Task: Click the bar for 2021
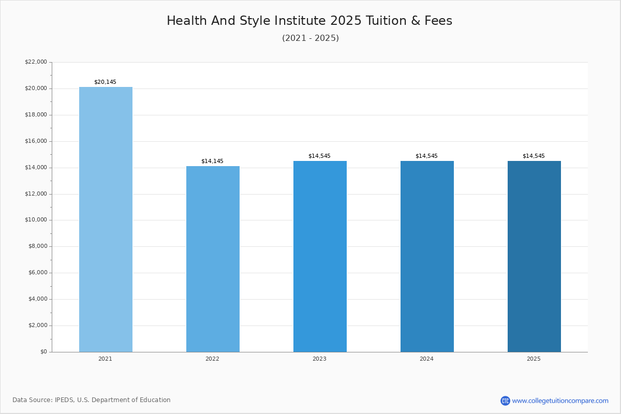point(106,219)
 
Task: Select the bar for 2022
point(213,259)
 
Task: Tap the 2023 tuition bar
point(320,256)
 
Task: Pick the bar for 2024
point(427,256)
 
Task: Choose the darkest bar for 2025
point(534,256)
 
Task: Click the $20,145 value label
point(105,82)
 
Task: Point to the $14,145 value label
point(212,161)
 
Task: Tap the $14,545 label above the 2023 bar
point(319,156)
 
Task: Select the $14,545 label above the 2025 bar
point(534,156)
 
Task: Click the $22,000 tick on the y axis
point(36,62)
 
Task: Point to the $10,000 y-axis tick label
point(36,220)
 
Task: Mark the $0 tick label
point(43,352)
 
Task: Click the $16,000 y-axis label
point(36,141)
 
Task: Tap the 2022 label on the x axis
point(212,359)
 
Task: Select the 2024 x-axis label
point(426,359)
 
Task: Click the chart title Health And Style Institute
point(309,21)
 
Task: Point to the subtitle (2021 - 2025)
point(310,38)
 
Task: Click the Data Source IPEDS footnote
point(92,400)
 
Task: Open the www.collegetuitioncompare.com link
point(560,401)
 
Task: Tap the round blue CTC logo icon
point(505,401)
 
